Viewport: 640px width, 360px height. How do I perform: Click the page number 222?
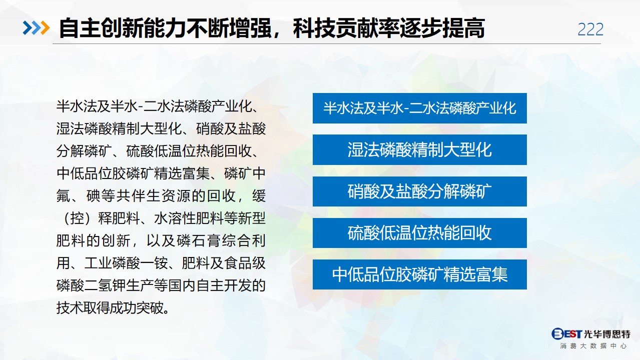pos(590,29)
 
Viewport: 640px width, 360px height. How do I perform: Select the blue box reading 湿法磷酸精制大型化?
pos(419,149)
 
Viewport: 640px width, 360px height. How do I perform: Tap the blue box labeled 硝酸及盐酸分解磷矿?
pos(419,191)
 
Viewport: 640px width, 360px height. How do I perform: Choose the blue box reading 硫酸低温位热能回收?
pos(419,232)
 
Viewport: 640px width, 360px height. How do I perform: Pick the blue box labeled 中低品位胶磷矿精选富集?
pos(419,274)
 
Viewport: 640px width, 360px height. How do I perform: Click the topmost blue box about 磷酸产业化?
pos(419,108)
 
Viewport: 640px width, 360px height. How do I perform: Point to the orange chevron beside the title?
pos(45,28)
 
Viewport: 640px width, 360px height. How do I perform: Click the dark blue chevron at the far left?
pos(28,28)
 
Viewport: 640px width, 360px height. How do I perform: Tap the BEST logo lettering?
pos(566,333)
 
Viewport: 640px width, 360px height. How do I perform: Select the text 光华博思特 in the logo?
pos(607,334)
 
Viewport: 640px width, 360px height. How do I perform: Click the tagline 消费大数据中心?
pos(594,346)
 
